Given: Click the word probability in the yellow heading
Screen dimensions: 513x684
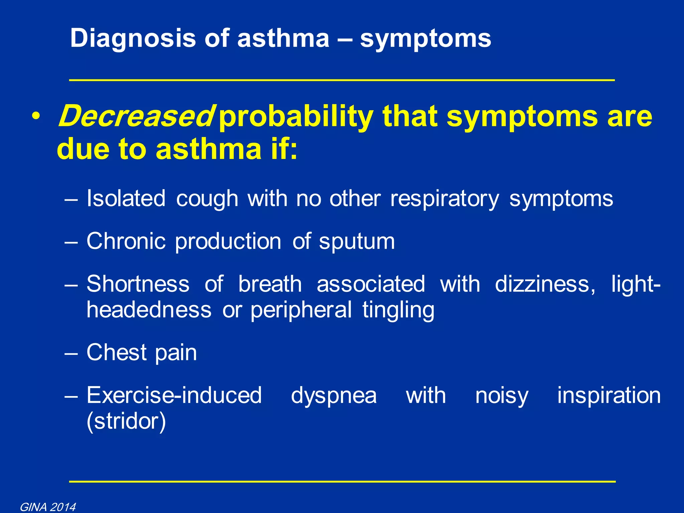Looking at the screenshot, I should coord(296,117).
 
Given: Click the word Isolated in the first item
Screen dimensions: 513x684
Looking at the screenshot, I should coord(126,198).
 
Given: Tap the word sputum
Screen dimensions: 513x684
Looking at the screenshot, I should coord(357,241).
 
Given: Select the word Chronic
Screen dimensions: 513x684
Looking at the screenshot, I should coord(126,241).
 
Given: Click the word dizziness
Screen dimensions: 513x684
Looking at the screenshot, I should coord(545,284).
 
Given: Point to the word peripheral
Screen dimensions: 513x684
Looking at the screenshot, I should coord(301,310).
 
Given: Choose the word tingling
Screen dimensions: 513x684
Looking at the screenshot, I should coord(398,310).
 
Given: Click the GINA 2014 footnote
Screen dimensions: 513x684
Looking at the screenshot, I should coord(48,507).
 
